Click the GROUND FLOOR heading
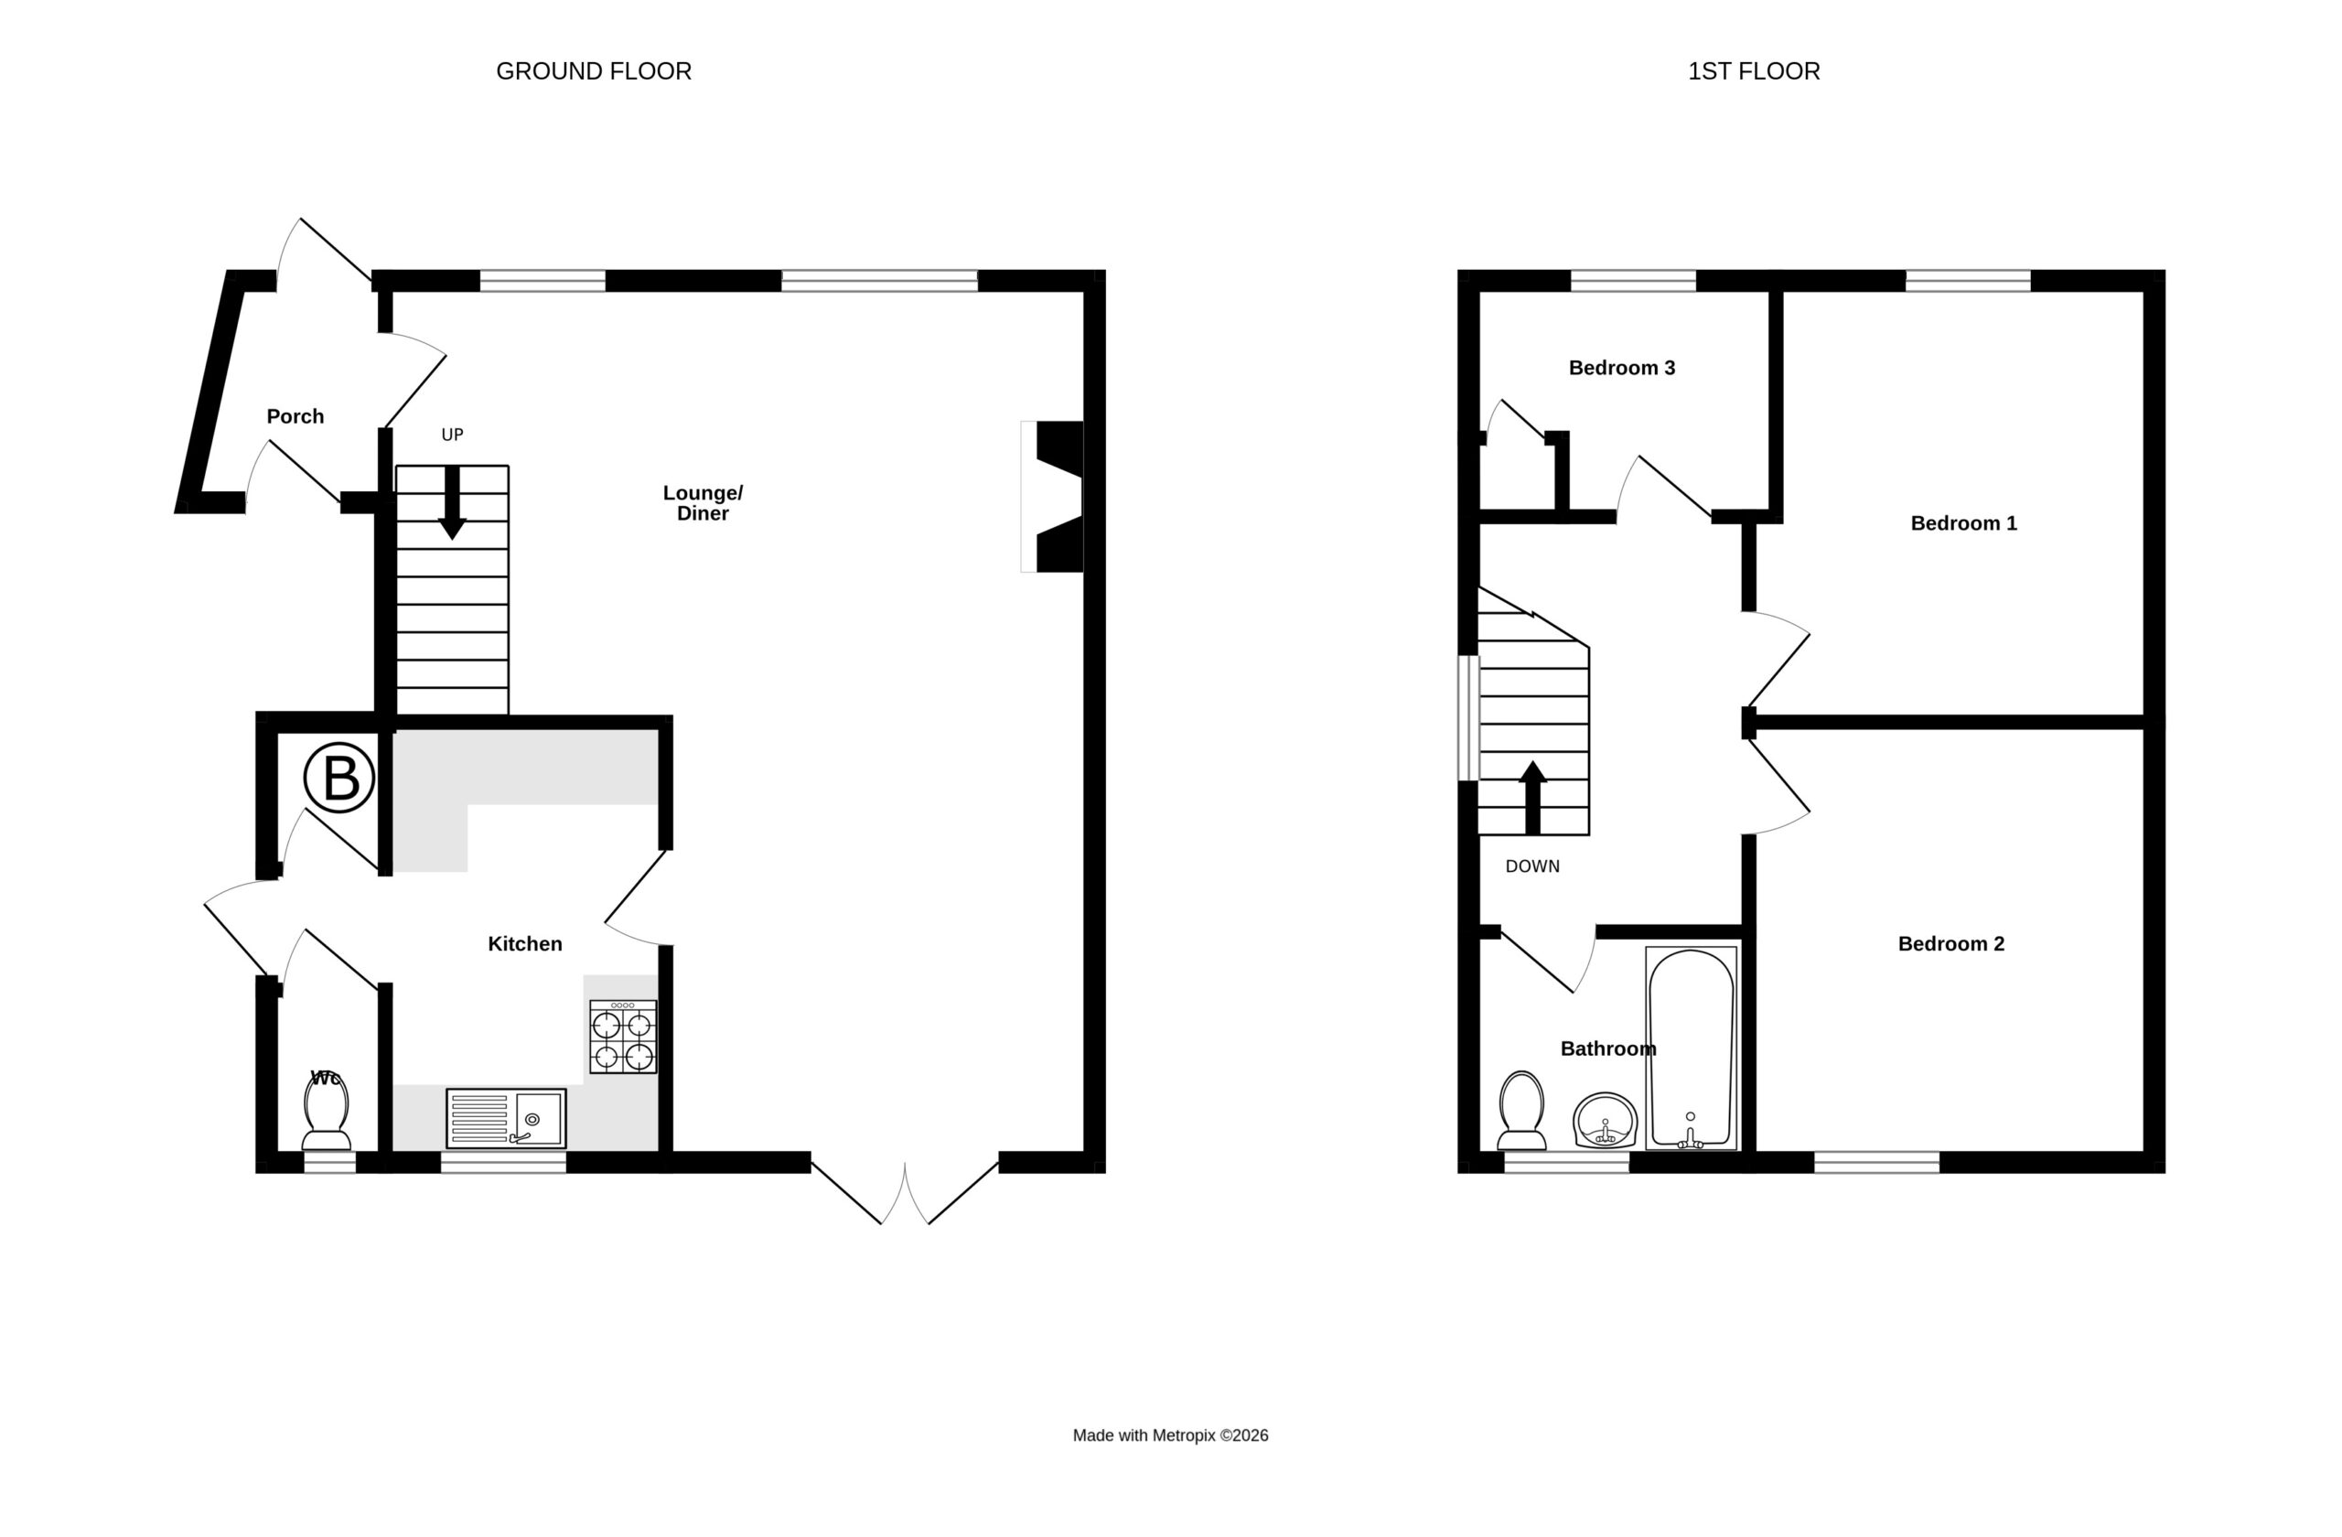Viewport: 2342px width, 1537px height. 594,70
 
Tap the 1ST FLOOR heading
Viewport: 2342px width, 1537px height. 1754,70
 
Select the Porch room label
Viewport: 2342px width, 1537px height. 295,416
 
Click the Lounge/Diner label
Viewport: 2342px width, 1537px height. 703,503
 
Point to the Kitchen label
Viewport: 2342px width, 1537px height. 525,943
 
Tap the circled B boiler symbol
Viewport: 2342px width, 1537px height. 339,778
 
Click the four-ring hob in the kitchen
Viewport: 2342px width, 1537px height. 623,1037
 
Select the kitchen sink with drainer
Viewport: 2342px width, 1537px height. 506,1118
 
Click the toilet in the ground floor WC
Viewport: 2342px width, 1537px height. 327,1111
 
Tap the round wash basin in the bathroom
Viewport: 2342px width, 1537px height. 1605,1120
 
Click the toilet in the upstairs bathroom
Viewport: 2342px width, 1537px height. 1521,1111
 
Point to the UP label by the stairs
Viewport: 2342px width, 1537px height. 452,435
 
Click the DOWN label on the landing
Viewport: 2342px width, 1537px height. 1532,865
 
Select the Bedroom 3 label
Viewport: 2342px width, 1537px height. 1622,368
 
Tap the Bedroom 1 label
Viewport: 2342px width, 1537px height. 1963,523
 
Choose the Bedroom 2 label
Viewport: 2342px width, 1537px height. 1950,943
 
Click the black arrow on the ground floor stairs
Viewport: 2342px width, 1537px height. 452,503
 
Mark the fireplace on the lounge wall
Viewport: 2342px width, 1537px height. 1053,497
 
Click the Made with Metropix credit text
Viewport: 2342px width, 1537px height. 1170,1435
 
